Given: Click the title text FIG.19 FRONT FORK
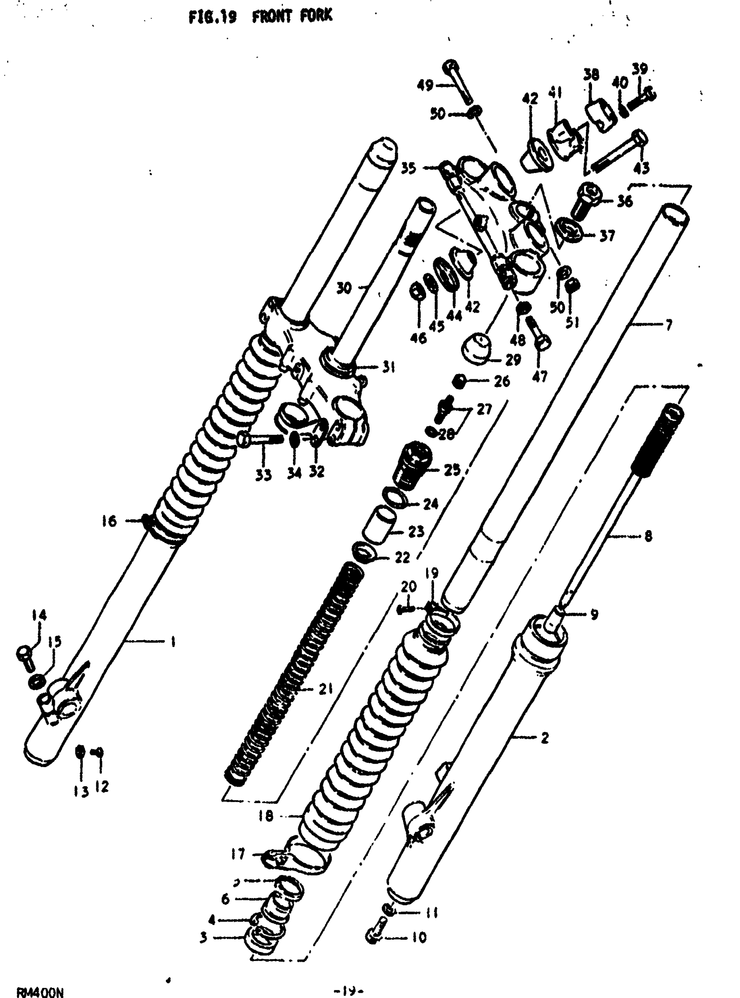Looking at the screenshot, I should pyautogui.click(x=260, y=17).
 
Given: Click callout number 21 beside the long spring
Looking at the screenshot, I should pyautogui.click(x=325, y=689).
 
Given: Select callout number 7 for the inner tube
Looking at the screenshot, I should pyautogui.click(x=668, y=324).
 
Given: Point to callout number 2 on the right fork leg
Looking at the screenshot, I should pyautogui.click(x=545, y=738).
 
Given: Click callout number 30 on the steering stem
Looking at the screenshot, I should pyautogui.click(x=344, y=288).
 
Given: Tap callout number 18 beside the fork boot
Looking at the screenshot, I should pyautogui.click(x=265, y=816).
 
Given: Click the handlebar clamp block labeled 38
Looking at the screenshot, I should pyautogui.click(x=599, y=116).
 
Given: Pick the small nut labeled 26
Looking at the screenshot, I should pyautogui.click(x=459, y=382).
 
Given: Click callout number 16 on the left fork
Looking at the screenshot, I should pyautogui.click(x=109, y=521).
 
